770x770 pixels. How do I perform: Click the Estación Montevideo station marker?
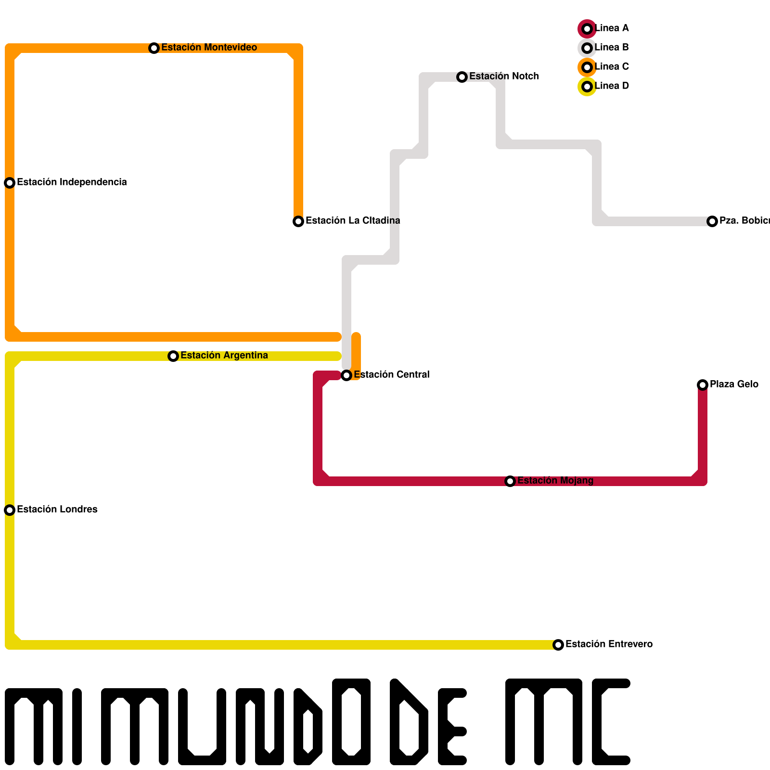click(154, 48)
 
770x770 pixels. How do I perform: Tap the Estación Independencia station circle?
click(10, 183)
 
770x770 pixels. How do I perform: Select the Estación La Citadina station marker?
click(298, 221)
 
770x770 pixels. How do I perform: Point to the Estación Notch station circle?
click(462, 77)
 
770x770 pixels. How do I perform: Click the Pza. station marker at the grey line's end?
click(712, 221)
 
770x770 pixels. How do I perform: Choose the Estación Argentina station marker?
click(173, 356)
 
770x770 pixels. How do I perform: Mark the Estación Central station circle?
click(346, 375)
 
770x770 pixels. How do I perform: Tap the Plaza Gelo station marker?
click(703, 385)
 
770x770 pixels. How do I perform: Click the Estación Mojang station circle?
click(510, 481)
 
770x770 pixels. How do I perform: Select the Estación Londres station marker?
click(10, 510)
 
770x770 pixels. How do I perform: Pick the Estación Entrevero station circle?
click(558, 645)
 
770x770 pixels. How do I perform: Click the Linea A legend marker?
click(587, 29)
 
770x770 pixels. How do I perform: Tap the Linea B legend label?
click(612, 47)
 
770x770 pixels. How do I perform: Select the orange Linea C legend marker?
click(587, 67)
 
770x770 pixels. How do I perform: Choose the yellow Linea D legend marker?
click(587, 87)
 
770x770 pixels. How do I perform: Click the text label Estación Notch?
click(504, 76)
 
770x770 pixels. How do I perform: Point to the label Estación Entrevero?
click(609, 644)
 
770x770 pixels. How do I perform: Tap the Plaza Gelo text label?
click(734, 384)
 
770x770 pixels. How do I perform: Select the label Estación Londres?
click(57, 509)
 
